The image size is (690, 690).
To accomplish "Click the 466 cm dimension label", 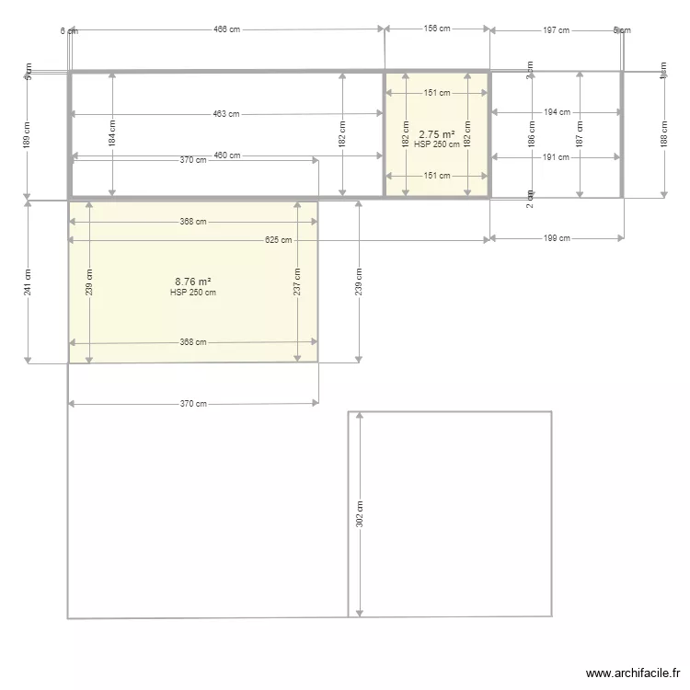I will click(226, 29).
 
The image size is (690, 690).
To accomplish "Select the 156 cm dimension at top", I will click(437, 29).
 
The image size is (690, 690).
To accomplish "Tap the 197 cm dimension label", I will click(556, 30).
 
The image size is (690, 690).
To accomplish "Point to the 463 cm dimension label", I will click(225, 114).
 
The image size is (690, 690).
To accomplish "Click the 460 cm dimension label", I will click(227, 155).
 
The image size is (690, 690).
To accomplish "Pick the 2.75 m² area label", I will click(437, 134).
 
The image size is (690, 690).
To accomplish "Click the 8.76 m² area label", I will click(193, 282).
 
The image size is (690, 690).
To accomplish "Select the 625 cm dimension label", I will click(278, 240).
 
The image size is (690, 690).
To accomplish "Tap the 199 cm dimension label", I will click(557, 238).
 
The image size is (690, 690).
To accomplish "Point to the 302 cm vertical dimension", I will click(360, 513).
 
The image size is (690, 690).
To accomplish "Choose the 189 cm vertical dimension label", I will click(28, 135).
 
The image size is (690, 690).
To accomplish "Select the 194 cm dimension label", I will click(557, 112).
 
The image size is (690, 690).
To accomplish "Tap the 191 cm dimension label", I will click(557, 156).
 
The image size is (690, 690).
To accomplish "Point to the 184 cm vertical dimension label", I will click(111, 135).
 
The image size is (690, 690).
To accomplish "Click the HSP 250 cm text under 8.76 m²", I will click(193, 293).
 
